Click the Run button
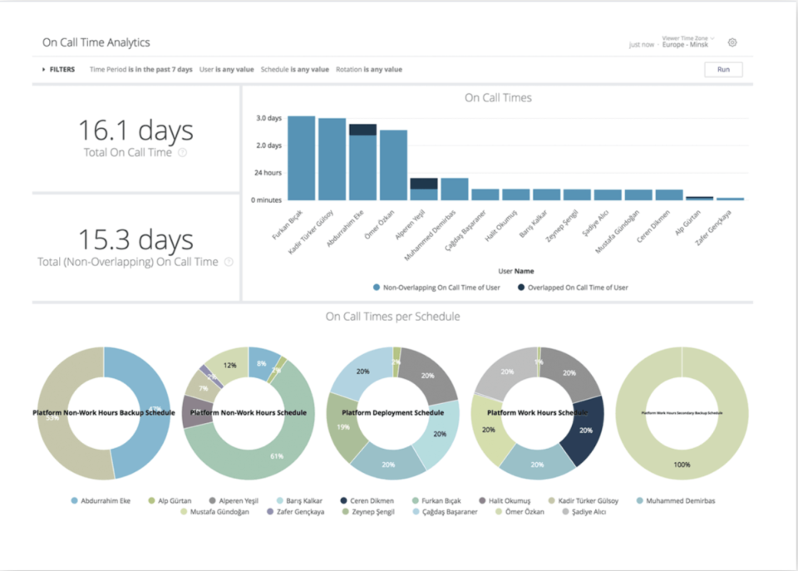[723, 70]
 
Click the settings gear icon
[732, 42]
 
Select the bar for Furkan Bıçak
[301, 158]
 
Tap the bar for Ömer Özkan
[393, 165]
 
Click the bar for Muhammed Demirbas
[455, 189]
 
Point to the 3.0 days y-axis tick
[268, 118]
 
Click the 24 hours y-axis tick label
[267, 173]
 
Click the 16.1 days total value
[135, 130]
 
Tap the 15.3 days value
[135, 239]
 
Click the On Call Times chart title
[498, 98]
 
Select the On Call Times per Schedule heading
[392, 317]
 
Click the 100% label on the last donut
[682, 465]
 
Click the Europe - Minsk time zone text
[685, 44]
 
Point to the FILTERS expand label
[59, 70]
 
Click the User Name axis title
[515, 271]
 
